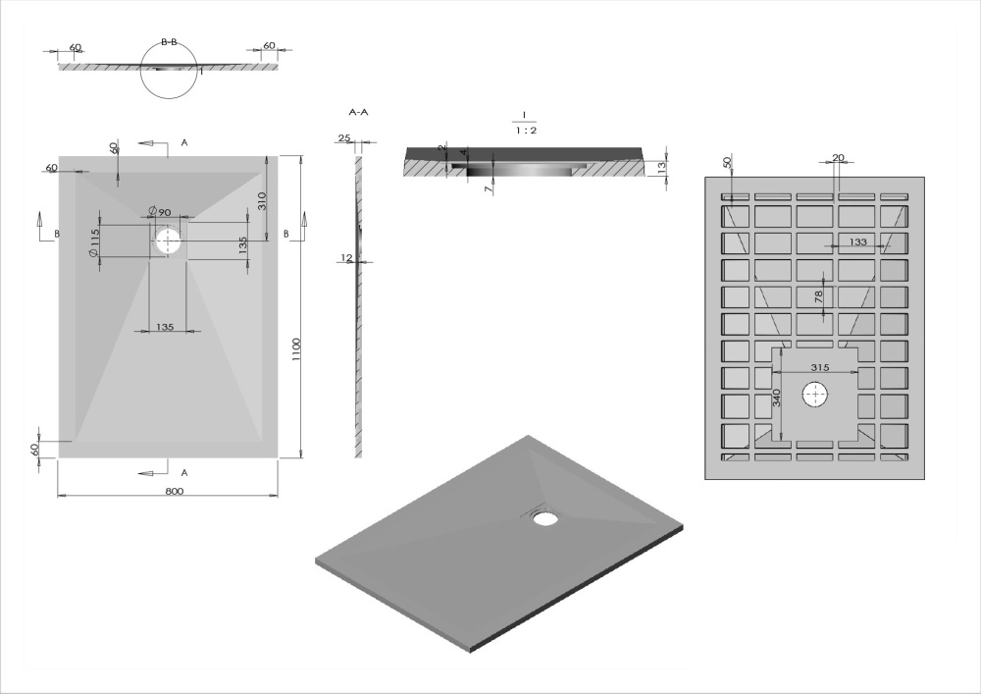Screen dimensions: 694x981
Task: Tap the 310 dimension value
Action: (263, 202)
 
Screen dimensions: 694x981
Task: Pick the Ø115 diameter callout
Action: (92, 242)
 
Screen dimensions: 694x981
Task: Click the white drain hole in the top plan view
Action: (169, 240)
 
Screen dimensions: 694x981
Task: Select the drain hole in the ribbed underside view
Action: (815, 395)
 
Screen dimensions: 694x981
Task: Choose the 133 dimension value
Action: (857, 241)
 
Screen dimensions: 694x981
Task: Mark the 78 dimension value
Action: (818, 295)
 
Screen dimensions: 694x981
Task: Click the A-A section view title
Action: (358, 113)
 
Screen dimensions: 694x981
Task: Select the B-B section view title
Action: (169, 43)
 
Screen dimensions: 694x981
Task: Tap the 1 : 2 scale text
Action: (526, 130)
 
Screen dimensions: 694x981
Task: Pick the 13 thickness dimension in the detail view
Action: (664, 167)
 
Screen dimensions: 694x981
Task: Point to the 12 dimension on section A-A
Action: (345, 258)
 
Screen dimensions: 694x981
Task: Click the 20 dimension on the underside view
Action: (838, 157)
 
